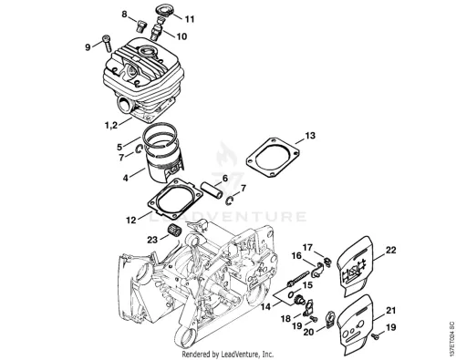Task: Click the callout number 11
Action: [x=190, y=19]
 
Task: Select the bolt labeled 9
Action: [x=107, y=43]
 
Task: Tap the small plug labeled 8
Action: [x=141, y=26]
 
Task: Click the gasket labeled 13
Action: [x=272, y=158]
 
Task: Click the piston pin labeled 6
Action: [x=212, y=190]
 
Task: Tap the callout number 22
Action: [x=391, y=250]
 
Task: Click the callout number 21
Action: [x=390, y=311]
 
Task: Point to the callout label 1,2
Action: [x=111, y=125]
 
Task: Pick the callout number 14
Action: [x=265, y=307]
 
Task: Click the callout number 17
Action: [x=307, y=248]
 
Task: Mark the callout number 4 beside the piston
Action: [x=125, y=178]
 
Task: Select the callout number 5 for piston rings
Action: [x=119, y=147]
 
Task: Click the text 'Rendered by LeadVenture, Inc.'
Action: [x=228, y=354]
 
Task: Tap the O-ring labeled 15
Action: [x=291, y=293]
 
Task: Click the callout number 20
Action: [x=308, y=333]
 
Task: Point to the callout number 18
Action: [x=285, y=319]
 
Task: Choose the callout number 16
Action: [x=296, y=256]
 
